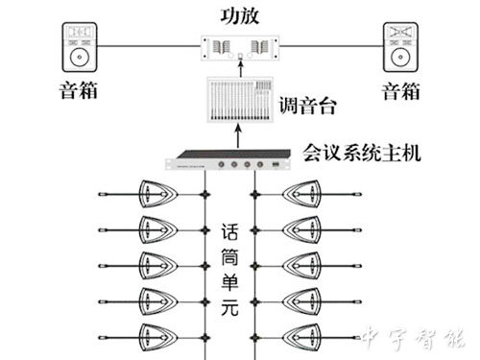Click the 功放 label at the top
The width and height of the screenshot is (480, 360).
pyautogui.click(x=239, y=14)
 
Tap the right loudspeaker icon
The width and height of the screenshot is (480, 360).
pyautogui.click(x=400, y=49)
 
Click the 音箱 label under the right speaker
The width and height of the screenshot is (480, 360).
pyautogui.click(x=400, y=93)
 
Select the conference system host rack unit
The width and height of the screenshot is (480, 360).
pyautogui.click(x=231, y=166)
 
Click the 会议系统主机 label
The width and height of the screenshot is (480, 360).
pyautogui.click(x=362, y=152)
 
